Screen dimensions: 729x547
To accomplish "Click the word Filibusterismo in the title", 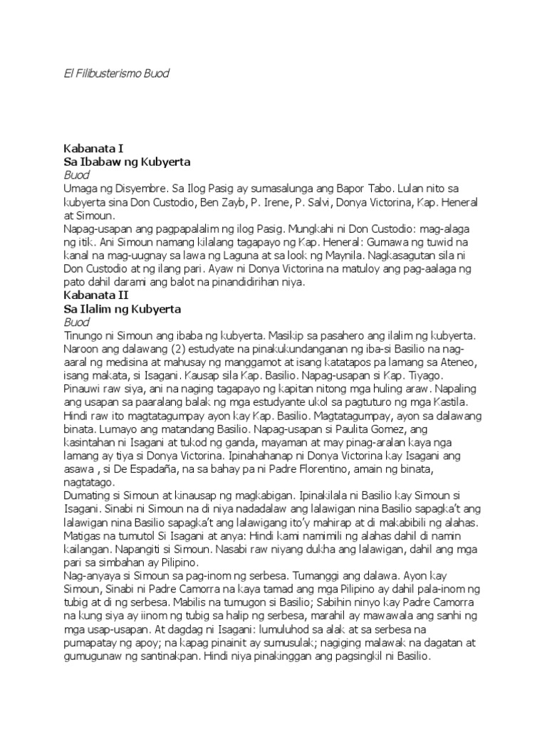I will (x=108, y=73).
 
